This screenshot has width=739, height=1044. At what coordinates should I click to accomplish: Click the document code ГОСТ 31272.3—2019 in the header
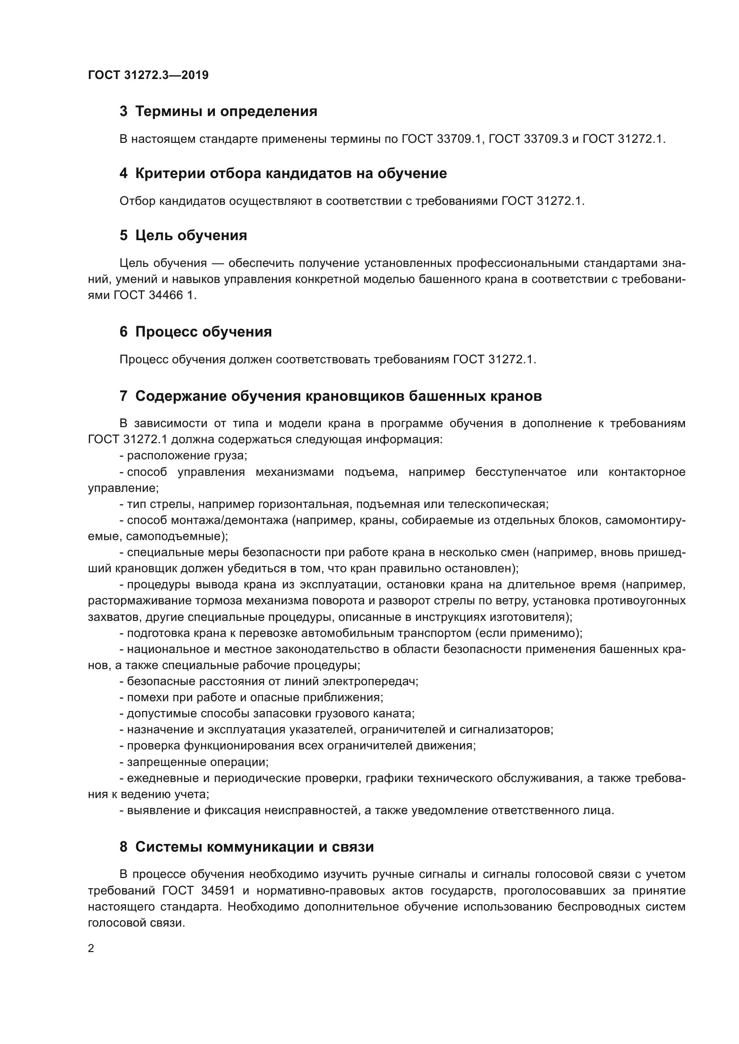pyautogui.click(x=148, y=75)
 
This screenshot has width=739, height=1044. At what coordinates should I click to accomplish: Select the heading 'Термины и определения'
pyautogui.click(x=226, y=112)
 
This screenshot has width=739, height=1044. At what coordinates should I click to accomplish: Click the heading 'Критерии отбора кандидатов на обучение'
pyautogui.click(x=291, y=173)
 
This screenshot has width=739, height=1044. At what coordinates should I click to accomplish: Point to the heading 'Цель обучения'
pyautogui.click(x=191, y=236)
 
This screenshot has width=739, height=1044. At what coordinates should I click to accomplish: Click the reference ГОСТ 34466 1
pyautogui.click(x=155, y=295)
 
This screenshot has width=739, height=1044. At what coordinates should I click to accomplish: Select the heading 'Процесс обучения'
pyautogui.click(x=203, y=332)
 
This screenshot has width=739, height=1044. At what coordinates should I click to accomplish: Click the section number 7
pyautogui.click(x=123, y=396)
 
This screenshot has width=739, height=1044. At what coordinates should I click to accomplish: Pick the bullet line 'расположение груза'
pyautogui.click(x=183, y=456)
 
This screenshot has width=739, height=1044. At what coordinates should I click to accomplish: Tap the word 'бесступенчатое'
pyautogui.click(x=521, y=472)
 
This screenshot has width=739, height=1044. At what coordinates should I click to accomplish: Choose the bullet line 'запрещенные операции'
pyautogui.click(x=194, y=761)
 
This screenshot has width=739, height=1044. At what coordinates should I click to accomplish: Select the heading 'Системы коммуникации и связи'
pyautogui.click(x=254, y=847)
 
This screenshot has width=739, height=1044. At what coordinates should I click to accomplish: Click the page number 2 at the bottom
pyautogui.click(x=91, y=948)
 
